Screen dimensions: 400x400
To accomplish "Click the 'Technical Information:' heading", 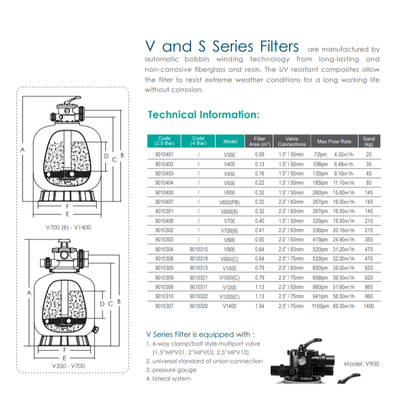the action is [x=204, y=115].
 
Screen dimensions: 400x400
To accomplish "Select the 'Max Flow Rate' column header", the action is [x=334, y=141].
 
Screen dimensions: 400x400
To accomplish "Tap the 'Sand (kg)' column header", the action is [x=369, y=141].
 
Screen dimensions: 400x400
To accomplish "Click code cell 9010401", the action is [x=164, y=154].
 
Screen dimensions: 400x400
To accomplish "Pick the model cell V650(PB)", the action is [x=229, y=202].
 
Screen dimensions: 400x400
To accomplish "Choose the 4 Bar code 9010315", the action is [x=199, y=249].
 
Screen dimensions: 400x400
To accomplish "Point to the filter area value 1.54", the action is [x=259, y=306].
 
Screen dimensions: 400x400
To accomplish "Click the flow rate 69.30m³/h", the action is [x=343, y=306].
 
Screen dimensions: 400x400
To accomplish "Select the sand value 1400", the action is [x=369, y=306].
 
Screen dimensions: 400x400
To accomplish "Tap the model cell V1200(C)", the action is [x=229, y=297].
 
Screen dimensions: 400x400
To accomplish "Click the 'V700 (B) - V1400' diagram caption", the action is [x=68, y=228].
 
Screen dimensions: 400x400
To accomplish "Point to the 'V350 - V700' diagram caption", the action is [x=68, y=366].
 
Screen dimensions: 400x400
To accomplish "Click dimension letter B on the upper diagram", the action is [x=122, y=155].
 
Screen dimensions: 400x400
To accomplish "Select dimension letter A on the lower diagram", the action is [x=29, y=293].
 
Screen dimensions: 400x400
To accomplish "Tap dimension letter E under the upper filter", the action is [x=67, y=214].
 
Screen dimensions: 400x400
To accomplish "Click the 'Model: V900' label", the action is [x=361, y=364].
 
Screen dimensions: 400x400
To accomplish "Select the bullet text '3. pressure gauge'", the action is [x=171, y=370].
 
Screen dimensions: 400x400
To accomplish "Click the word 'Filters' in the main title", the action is [x=279, y=46].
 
